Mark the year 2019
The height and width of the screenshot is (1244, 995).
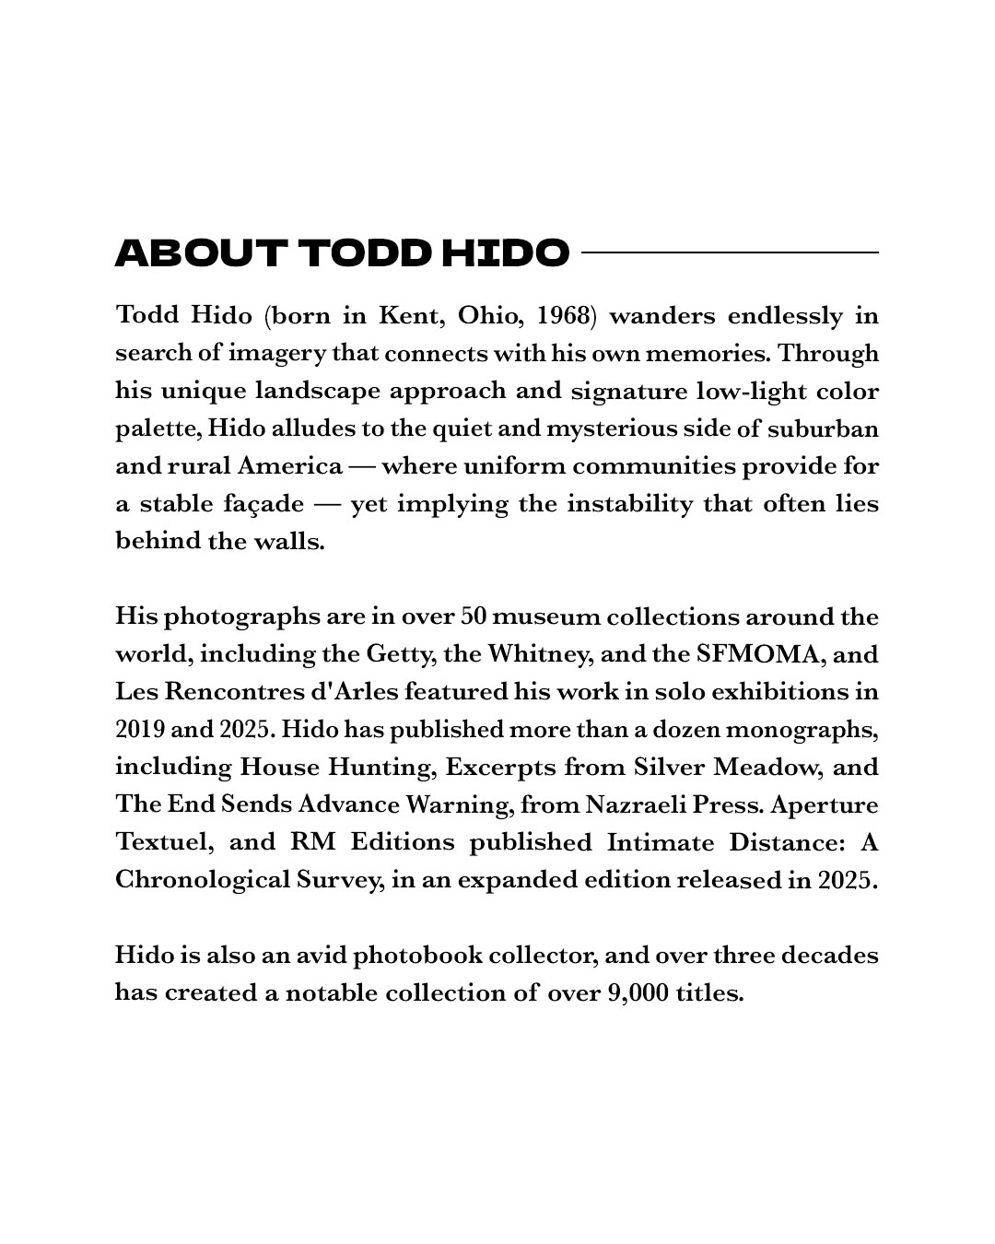point(140,730)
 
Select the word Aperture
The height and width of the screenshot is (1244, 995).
point(825,805)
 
